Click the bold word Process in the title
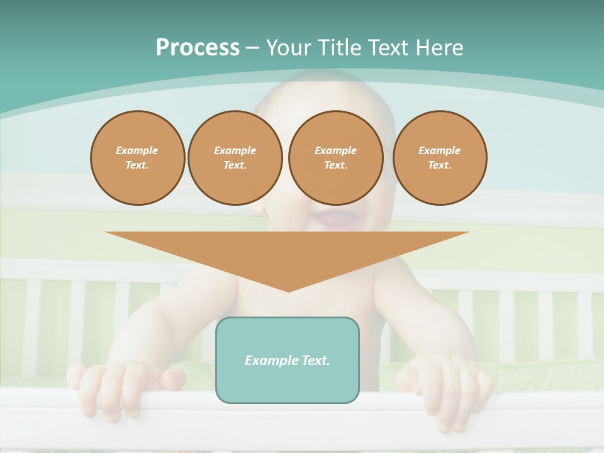click(198, 48)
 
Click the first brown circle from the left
click(137, 158)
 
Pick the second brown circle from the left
click(235, 158)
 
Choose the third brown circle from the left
click(335, 158)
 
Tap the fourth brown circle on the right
click(439, 158)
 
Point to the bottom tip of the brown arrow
click(288, 291)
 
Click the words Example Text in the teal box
click(288, 361)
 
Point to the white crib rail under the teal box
click(288, 418)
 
